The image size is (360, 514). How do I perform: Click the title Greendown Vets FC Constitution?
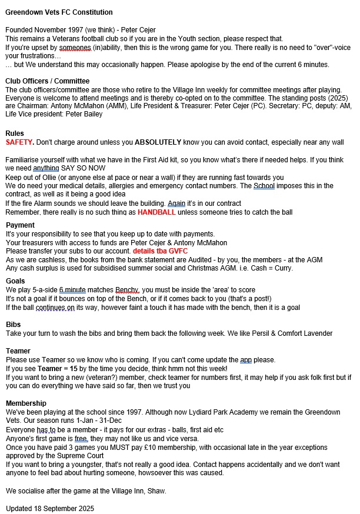[x=59, y=12]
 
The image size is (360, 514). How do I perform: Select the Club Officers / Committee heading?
[x=48, y=81]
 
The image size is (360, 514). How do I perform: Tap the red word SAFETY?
[x=19, y=142]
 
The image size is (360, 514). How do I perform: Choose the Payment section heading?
[x=20, y=225]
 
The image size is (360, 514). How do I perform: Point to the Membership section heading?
[x=26, y=403]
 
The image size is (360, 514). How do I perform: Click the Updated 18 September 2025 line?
[x=50, y=508]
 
